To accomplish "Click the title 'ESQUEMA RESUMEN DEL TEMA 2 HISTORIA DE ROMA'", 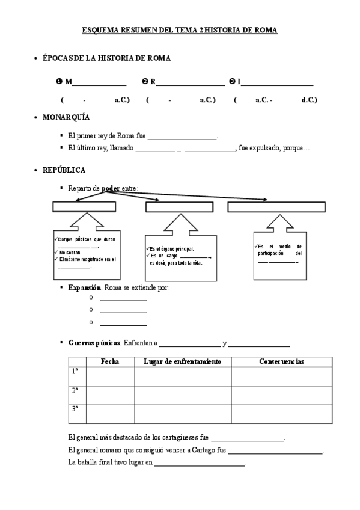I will click(179, 30).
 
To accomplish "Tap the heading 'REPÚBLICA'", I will click(64, 170).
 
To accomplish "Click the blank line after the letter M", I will click(99, 82).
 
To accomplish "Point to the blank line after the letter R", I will click(191, 82).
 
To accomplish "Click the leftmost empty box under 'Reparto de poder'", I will click(84, 207).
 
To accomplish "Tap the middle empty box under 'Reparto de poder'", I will click(179, 207).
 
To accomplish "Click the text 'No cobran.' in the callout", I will click(70, 253).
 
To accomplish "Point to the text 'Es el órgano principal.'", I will click(172, 248).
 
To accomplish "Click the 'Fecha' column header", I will click(110, 361).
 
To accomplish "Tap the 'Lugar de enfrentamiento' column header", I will click(183, 361).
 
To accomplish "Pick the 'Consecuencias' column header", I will click(281, 361).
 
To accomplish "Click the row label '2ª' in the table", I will click(75, 390).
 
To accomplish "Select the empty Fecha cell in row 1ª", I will click(110, 376).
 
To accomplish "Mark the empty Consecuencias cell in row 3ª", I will click(281, 414).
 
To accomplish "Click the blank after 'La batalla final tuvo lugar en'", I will click(200, 462).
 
